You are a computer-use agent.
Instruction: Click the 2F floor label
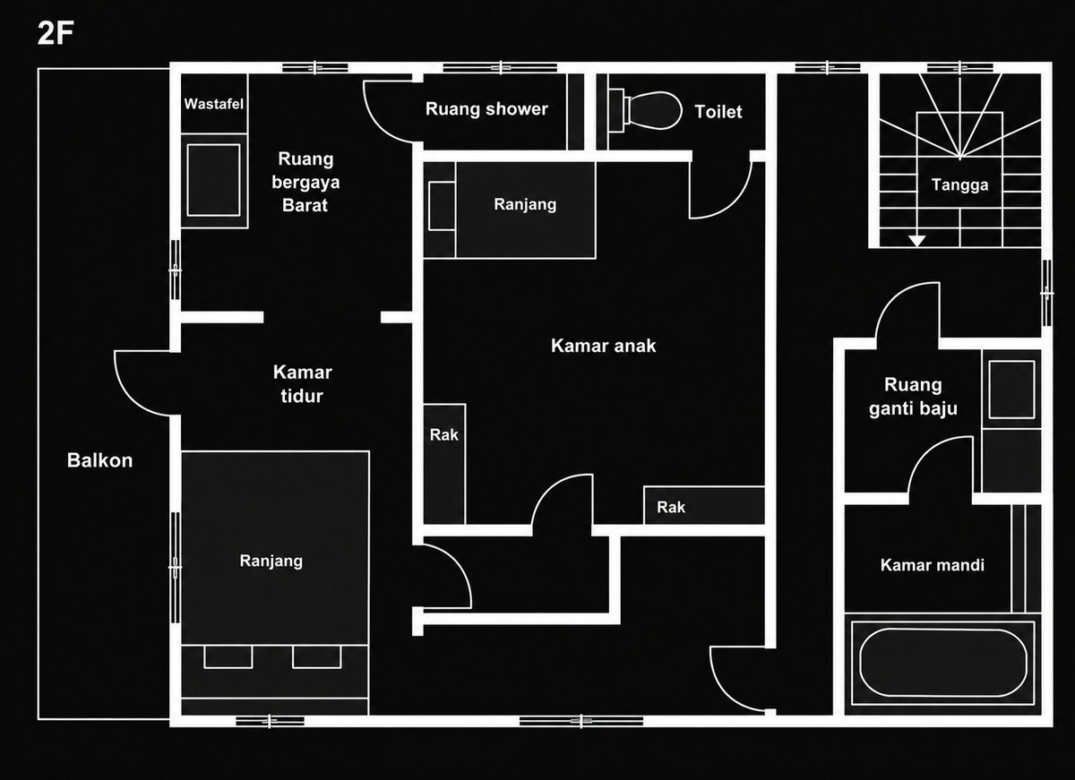[56, 33]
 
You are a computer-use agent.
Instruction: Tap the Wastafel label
[213, 104]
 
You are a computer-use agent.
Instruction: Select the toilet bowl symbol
[647, 111]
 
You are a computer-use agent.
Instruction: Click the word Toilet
[718, 112]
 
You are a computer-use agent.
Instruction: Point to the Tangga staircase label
[959, 184]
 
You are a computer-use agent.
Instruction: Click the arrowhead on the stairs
[917, 241]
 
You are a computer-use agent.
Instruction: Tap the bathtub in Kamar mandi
[943, 663]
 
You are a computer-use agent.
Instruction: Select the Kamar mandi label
[932, 564]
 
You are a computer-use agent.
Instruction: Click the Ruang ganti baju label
[913, 396]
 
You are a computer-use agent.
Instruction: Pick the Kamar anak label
[603, 346]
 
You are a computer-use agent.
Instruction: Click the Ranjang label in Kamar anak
[525, 204]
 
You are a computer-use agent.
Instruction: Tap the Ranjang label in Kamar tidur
[271, 561]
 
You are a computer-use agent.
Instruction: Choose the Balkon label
[99, 460]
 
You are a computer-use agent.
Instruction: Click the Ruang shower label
[486, 109]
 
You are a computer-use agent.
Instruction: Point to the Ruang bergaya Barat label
[305, 182]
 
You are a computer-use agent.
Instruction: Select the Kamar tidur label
[303, 384]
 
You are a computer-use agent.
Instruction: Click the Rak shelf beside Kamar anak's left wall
[444, 464]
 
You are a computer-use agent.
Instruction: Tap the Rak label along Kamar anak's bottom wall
[671, 507]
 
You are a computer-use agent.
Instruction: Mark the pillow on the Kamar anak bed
[442, 206]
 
